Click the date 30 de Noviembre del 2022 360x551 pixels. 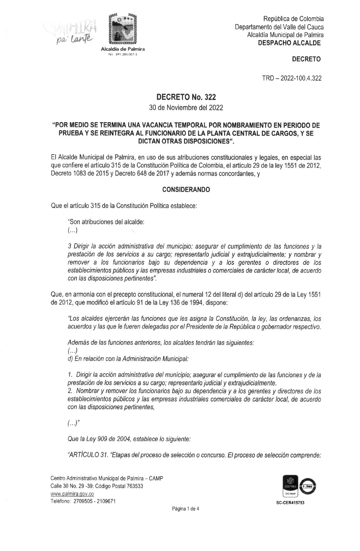click(x=186, y=108)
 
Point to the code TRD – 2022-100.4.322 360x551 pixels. click(x=291, y=78)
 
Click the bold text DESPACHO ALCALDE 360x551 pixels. click(x=290, y=43)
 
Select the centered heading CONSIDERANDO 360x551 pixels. click(x=186, y=190)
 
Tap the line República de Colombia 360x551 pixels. click(x=293, y=19)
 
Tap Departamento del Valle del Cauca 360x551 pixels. click(x=279, y=27)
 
